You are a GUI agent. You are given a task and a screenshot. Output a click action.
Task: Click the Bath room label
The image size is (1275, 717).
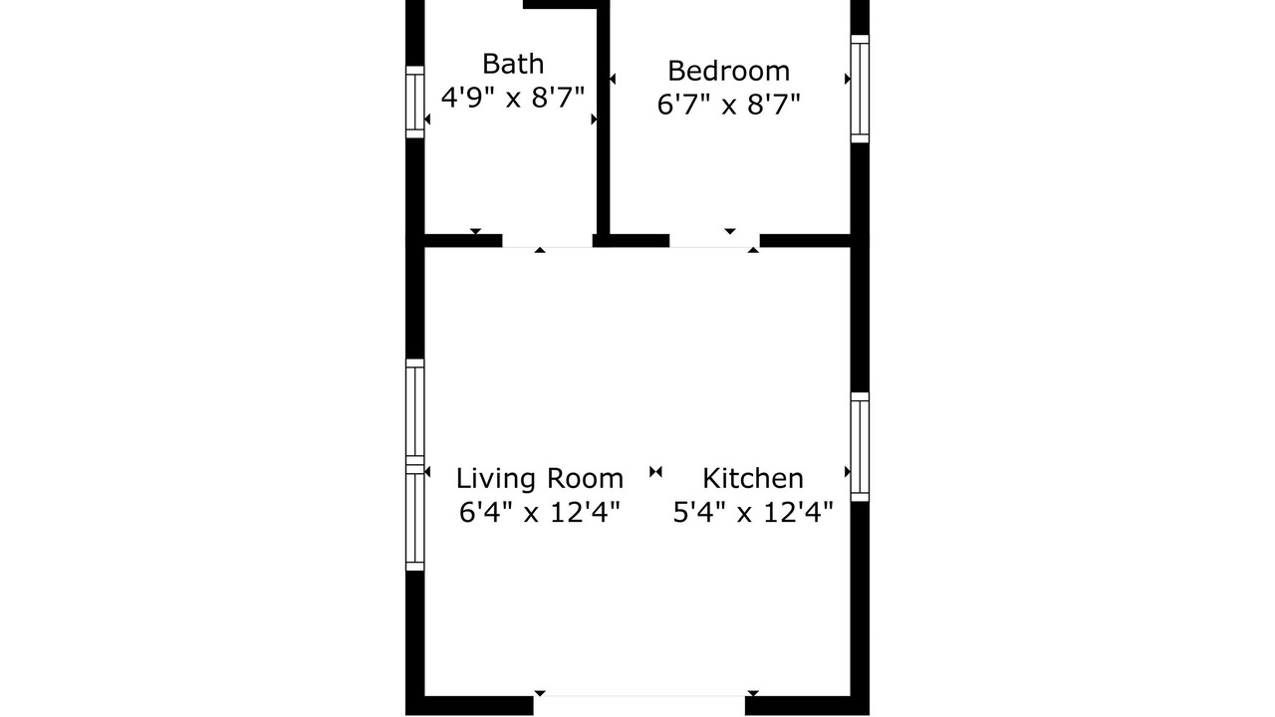click(513, 64)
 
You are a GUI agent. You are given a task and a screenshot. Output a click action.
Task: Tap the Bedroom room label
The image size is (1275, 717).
click(728, 71)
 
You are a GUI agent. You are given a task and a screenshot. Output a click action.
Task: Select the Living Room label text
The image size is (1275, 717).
click(540, 478)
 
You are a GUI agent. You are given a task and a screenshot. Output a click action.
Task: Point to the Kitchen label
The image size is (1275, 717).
click(752, 478)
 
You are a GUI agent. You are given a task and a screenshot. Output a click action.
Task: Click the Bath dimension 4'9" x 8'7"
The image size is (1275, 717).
click(513, 98)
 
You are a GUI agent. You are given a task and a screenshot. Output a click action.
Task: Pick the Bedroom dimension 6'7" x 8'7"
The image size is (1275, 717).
click(728, 105)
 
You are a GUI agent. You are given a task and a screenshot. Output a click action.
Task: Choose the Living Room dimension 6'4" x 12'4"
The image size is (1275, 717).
click(539, 512)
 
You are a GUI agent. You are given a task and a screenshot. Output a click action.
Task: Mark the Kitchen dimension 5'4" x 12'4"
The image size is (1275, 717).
click(752, 512)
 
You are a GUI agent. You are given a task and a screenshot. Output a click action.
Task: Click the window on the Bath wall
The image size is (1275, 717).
click(415, 102)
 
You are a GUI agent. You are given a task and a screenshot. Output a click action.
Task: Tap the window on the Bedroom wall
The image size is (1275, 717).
click(860, 89)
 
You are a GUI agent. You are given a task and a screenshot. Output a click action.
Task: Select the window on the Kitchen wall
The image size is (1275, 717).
click(860, 447)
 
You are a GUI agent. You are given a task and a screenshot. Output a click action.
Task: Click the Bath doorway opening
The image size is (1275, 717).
click(547, 241)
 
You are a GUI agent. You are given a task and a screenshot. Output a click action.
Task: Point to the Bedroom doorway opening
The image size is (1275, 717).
click(714, 241)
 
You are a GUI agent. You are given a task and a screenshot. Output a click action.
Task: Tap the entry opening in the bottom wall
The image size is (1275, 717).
click(639, 705)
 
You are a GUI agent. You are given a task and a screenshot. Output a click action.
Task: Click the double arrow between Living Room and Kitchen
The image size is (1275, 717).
click(655, 472)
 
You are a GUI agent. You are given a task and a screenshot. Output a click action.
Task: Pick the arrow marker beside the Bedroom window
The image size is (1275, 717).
click(848, 79)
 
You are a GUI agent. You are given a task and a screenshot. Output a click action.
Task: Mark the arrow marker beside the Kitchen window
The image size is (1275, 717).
click(848, 472)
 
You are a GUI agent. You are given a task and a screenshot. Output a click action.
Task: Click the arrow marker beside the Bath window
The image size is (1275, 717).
click(427, 119)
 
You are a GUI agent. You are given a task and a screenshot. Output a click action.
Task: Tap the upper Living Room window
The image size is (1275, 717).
click(415, 412)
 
